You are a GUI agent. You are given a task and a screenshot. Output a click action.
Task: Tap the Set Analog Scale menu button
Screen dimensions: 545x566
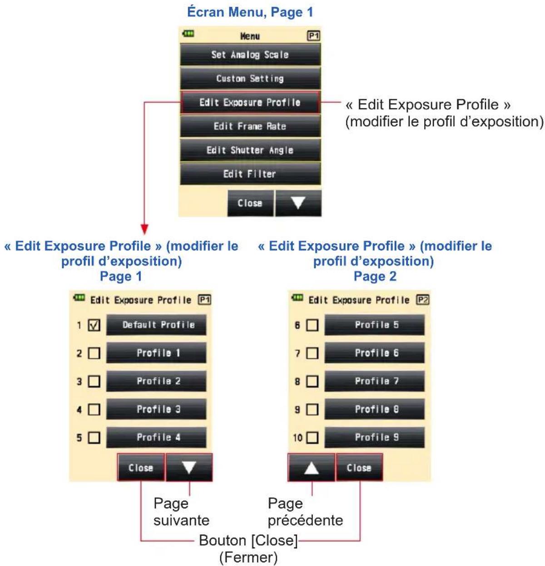point(250,55)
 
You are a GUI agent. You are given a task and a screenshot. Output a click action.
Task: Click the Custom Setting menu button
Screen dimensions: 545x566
point(250,78)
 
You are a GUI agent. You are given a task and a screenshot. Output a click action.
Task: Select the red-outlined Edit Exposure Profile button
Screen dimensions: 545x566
point(250,102)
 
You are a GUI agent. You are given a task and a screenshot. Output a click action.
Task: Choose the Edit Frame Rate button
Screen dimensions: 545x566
point(250,126)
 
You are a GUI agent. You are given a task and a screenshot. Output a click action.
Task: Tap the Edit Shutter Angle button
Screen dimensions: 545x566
point(250,150)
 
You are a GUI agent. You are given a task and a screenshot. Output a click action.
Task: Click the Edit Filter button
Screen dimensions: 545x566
point(250,174)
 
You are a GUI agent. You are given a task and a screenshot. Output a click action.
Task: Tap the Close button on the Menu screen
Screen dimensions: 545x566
point(250,203)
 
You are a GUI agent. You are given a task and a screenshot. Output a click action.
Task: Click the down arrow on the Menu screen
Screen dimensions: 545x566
point(298,203)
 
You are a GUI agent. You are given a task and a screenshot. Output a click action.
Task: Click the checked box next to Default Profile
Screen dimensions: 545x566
point(94,325)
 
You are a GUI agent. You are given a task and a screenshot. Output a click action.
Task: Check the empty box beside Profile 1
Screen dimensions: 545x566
point(94,353)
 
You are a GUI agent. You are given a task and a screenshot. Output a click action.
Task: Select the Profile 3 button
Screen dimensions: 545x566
point(156,409)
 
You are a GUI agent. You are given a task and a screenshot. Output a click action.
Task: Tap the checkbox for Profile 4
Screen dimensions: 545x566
point(94,437)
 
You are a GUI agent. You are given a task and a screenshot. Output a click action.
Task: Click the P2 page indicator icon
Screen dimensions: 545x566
point(422,299)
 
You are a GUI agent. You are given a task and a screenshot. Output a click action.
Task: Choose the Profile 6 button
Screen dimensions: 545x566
point(374,353)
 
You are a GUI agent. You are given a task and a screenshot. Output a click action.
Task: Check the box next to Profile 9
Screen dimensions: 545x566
point(312,437)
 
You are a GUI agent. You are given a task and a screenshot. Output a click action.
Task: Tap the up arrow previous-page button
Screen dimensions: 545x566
point(311,467)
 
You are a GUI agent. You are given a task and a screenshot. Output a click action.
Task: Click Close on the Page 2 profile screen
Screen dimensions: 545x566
point(359,467)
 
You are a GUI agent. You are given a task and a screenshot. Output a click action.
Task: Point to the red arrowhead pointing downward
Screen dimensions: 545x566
point(144,229)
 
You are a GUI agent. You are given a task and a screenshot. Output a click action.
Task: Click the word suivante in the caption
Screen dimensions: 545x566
point(182,520)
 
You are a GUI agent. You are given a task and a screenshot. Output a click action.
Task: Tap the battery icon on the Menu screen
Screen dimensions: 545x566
point(188,34)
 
